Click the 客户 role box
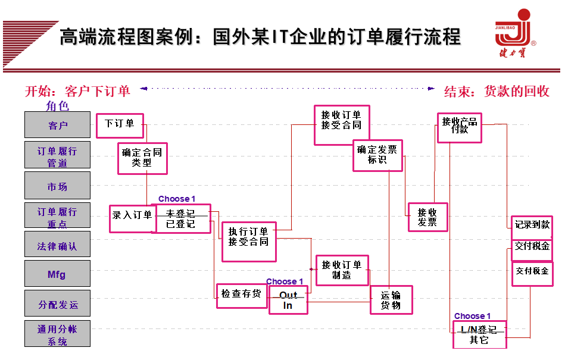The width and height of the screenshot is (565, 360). click(57, 125)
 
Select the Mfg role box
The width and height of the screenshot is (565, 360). click(57, 274)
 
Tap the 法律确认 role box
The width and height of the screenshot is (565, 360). click(57, 245)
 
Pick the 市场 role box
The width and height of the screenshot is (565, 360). click(57, 186)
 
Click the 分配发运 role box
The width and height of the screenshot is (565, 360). click(57, 303)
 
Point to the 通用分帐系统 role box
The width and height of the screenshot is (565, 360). click(57, 334)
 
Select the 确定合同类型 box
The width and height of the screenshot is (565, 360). click(142, 158)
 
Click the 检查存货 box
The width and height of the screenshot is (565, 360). click(241, 295)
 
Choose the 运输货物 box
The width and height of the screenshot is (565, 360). click(391, 300)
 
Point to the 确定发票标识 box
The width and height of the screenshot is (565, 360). click(377, 155)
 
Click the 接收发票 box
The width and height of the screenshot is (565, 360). click(427, 217)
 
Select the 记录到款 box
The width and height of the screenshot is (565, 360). click(532, 224)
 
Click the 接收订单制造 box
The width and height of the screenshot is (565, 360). click(342, 270)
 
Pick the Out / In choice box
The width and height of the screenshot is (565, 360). click(288, 300)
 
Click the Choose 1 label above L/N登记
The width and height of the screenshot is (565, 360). click(472, 316)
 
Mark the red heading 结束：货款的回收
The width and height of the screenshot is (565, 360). click(497, 91)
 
